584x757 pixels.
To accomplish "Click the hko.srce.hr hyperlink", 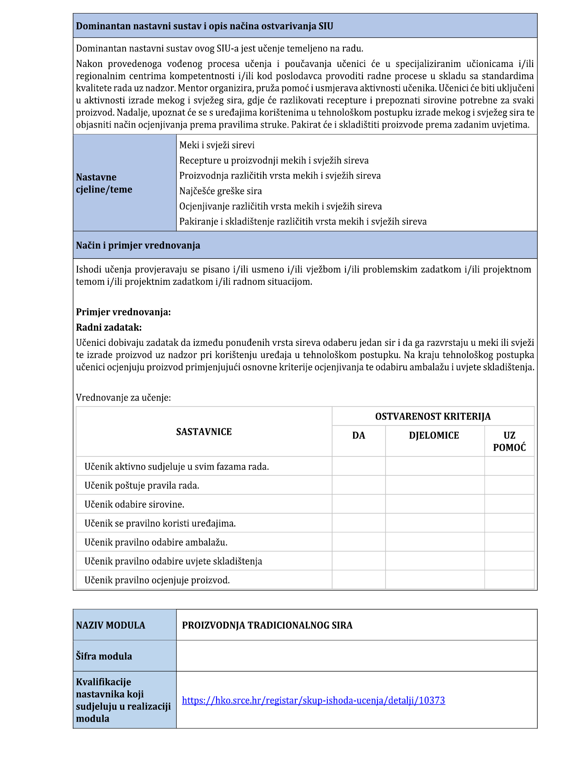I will click(313, 700).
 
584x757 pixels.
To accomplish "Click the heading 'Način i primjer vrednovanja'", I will click(138, 246).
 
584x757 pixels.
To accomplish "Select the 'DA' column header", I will click(359, 436).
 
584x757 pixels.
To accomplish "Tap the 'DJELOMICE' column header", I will click(434, 436).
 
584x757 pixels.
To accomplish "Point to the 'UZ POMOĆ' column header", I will click(509, 441).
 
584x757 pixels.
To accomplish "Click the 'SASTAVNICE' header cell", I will click(204, 432).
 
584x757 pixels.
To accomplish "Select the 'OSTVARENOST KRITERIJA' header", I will click(433, 417).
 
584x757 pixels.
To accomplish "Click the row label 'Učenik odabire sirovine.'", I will click(134, 504).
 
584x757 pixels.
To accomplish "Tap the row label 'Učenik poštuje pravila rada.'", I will click(142, 485).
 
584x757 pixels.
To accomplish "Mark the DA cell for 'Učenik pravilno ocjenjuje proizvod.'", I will click(359, 580).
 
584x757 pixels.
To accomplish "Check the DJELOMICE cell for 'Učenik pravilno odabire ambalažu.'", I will click(434, 542).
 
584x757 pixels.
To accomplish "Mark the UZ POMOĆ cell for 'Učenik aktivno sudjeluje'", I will click(509, 466).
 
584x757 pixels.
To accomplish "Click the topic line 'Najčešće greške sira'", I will click(220, 191).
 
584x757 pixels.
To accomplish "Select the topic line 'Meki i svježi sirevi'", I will click(217, 145).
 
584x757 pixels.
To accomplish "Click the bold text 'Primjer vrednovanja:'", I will click(123, 312).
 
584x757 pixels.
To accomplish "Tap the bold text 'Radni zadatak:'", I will click(109, 327).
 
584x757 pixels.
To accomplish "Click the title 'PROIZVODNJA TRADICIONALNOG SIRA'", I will click(267, 625).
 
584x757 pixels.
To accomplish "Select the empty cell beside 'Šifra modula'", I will click(356, 656).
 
